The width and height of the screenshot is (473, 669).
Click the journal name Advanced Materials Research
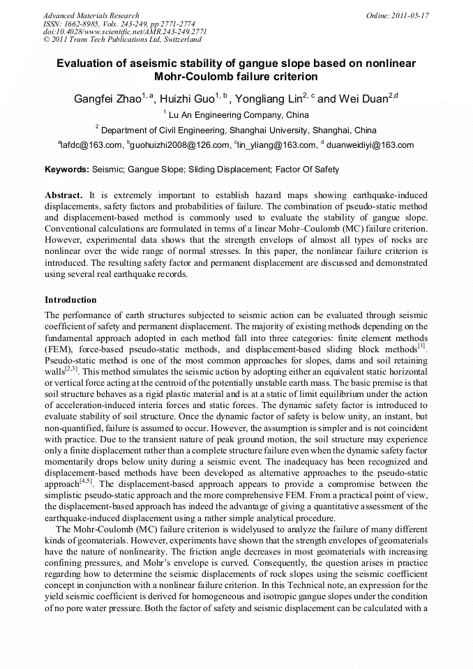pyautogui.click(x=91, y=15)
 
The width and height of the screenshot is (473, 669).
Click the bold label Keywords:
pyautogui.click(x=67, y=170)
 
